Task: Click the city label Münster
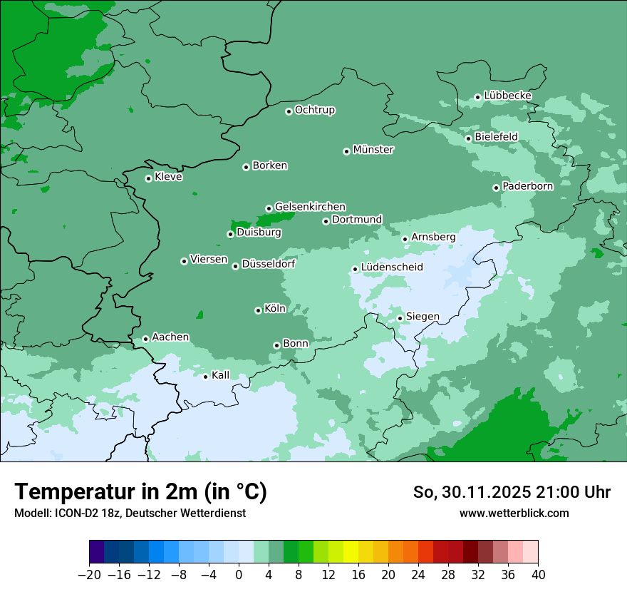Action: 373,150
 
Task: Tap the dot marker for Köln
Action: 258,310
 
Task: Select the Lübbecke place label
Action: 507,96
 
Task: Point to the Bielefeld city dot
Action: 468,138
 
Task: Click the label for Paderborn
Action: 527,186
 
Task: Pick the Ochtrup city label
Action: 314,110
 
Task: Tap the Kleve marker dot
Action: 148,178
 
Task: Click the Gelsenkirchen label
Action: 310,207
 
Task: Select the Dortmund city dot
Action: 326,221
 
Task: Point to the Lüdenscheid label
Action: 392,267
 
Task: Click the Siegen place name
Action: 423,317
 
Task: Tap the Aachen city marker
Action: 145,339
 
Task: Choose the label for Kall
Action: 220,375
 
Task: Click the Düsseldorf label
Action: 268,264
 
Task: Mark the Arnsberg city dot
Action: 405,239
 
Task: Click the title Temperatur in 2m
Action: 140,491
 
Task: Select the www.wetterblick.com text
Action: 514,513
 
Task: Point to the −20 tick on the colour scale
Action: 89,575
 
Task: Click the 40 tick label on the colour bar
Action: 538,575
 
